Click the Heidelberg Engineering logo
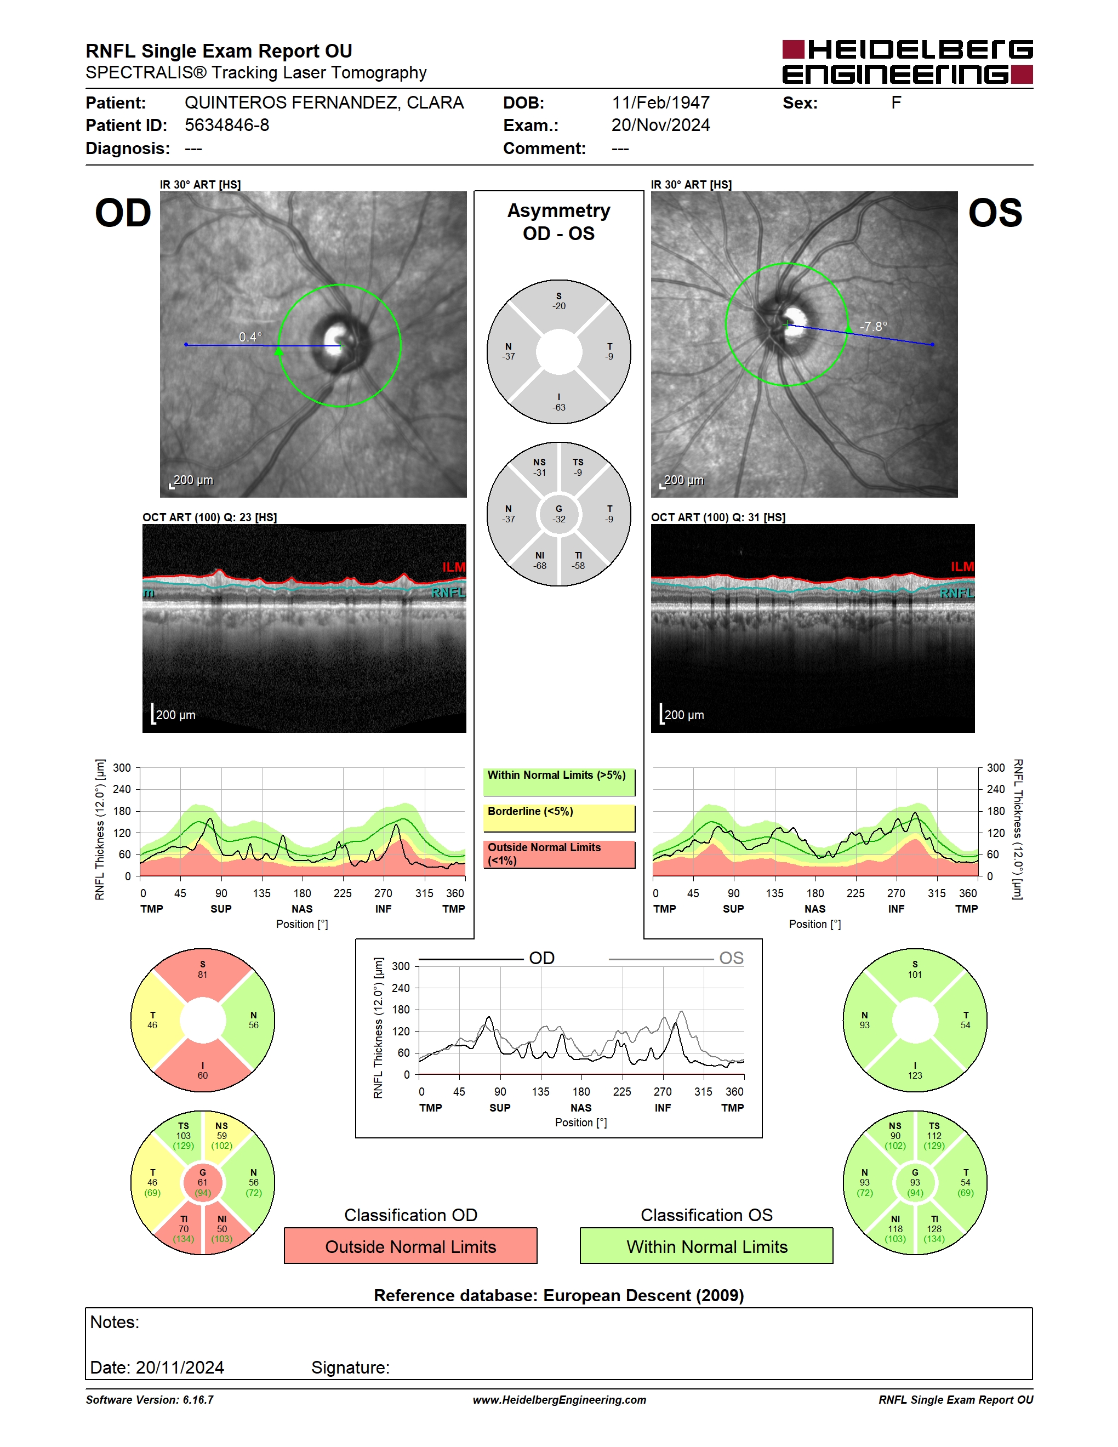(908, 62)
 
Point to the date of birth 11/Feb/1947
(660, 102)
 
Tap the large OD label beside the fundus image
(123, 213)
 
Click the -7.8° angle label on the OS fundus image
(874, 327)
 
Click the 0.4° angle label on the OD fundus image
(250, 337)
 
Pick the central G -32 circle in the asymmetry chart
(559, 514)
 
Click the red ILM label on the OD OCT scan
(454, 567)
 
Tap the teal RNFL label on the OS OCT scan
(957, 593)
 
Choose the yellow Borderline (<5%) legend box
(559, 818)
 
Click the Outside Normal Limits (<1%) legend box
(559, 854)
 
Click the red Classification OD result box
(410, 1246)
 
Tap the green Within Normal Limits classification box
(707, 1246)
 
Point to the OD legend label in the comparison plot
(542, 958)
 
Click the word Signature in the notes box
(350, 1368)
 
